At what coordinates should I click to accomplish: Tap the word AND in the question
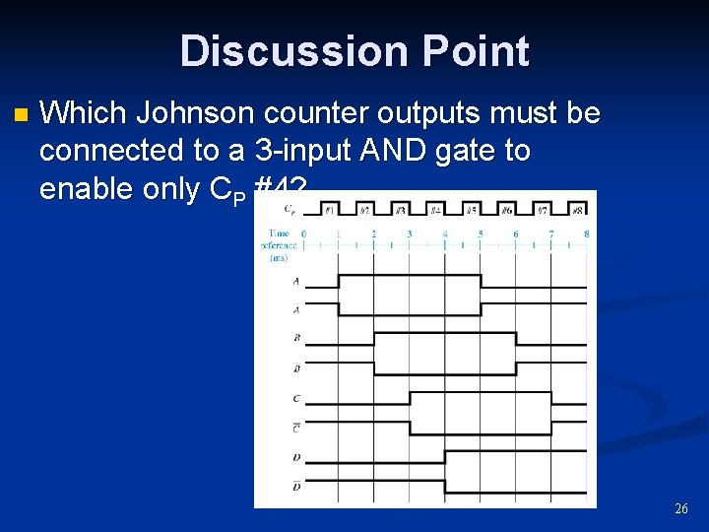pos(389,151)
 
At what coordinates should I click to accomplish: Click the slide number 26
pos(680,509)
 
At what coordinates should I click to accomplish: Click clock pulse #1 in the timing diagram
pos(328,209)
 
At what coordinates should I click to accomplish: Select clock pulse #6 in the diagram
pos(506,209)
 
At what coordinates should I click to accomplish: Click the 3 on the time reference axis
pos(410,233)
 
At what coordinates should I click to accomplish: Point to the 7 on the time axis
pos(551,233)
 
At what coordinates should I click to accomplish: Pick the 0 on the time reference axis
pos(303,233)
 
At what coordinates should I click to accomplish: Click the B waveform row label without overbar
pos(296,338)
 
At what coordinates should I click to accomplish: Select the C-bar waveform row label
pos(296,427)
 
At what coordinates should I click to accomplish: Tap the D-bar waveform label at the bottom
pos(296,486)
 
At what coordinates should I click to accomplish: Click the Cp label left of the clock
pos(289,208)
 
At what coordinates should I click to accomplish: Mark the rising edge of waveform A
pos(339,281)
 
